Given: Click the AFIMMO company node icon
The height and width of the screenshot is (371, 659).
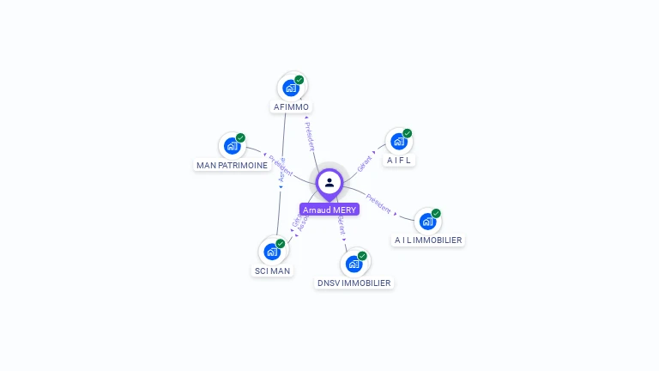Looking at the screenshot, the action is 291,88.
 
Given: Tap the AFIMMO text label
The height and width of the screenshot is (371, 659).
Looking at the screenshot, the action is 291,107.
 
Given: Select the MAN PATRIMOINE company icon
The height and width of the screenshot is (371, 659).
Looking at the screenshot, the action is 232,146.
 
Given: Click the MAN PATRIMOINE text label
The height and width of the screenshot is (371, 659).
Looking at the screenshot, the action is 233,165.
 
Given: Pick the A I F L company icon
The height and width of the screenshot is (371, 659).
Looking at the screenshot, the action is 398,141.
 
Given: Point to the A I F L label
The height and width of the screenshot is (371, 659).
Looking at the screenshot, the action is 399,160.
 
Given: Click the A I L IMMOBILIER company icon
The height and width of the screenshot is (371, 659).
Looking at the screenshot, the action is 427,222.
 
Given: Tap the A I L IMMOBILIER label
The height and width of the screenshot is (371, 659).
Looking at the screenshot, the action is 428,240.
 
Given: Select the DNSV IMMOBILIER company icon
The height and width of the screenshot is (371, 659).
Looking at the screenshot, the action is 354,264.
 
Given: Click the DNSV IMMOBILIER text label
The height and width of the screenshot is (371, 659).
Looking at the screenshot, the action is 354,283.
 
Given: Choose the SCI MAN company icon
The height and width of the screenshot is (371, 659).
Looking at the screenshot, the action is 272,252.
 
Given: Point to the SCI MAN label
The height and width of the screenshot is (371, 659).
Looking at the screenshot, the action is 272,271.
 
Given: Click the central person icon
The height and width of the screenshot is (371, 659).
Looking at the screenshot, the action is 329,182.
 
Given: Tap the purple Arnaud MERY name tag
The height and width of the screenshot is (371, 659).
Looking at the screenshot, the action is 329,210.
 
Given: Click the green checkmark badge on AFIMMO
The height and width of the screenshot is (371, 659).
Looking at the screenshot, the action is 299,80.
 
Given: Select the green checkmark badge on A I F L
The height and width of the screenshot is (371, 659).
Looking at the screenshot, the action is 408,133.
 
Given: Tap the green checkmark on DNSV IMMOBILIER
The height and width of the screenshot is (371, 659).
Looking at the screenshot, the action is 362,256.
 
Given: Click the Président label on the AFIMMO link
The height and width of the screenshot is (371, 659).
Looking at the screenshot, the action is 312,136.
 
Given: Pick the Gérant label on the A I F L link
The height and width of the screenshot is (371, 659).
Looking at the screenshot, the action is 365,161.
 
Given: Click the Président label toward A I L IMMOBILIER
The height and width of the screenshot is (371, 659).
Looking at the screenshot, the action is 378,204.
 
